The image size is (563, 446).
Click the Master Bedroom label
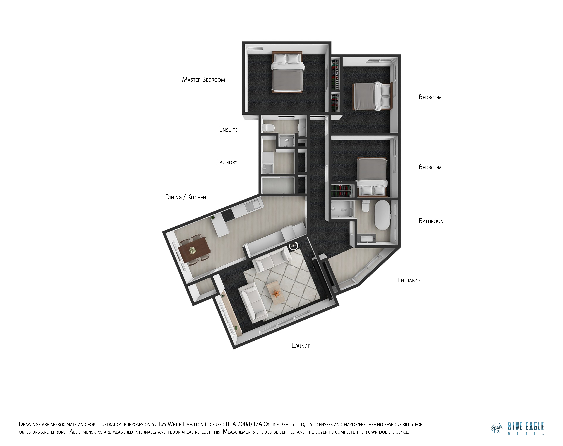[x=203, y=80]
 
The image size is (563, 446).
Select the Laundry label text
[x=227, y=162]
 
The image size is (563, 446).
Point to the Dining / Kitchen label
[x=186, y=197]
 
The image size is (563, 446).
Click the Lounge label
[x=301, y=346]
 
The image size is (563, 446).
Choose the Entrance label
[x=409, y=280]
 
